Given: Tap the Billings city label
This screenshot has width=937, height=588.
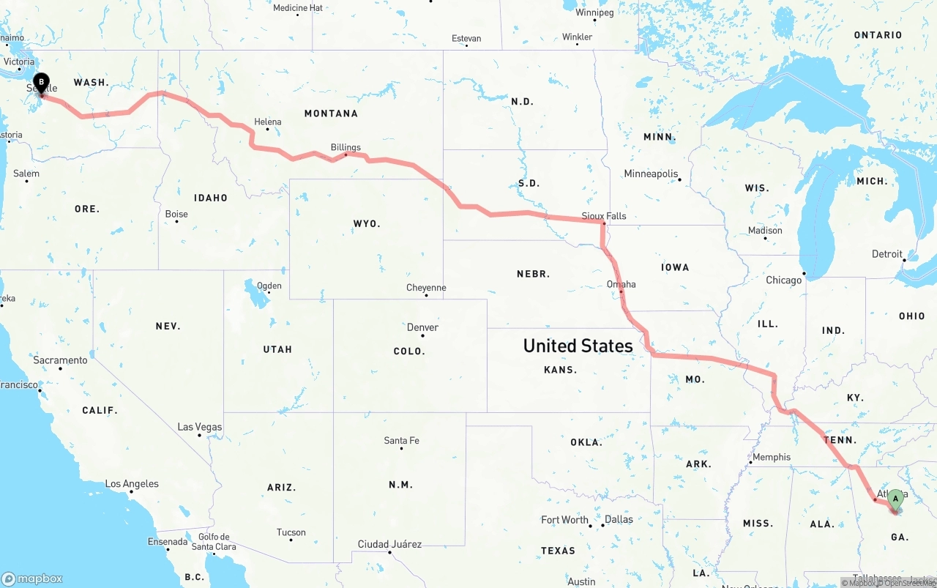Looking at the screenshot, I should pos(346,147).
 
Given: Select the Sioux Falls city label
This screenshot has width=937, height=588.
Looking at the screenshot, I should pos(604,216).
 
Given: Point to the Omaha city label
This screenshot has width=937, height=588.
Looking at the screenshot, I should pos(621,284).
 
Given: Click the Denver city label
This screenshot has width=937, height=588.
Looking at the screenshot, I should pos(423,327).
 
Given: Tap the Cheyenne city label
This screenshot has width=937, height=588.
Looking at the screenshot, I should pos(426,288).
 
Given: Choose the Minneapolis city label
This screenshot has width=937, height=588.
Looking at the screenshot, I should pos(651,174).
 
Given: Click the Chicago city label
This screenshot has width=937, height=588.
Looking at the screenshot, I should pos(783,280).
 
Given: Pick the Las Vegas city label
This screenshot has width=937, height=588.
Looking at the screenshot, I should pos(200,427).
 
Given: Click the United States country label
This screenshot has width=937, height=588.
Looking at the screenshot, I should pos(578,346).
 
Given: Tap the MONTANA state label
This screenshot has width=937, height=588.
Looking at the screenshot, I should pos(332,113).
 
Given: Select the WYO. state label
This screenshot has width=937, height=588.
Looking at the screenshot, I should pos(367,223).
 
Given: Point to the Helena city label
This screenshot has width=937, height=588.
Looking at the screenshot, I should pos(267,122).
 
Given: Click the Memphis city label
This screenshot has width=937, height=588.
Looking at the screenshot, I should pos(772,457).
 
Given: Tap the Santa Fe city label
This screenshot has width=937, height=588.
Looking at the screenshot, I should pos(402,440).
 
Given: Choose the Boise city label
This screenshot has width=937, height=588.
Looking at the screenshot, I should pos(176,214).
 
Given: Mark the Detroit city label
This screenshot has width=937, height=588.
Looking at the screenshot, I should pos(886,254).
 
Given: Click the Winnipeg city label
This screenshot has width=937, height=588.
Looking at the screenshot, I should pos(594,12).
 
